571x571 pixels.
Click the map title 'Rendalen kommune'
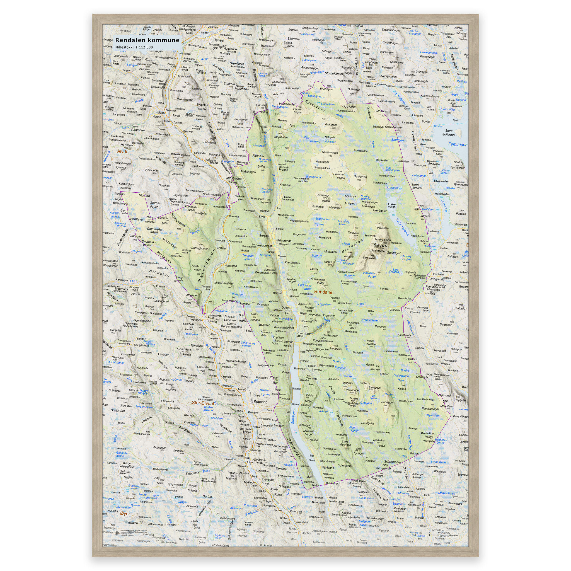(147, 40)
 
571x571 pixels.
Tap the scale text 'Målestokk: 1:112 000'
(134, 47)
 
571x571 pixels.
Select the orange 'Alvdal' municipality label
(123, 151)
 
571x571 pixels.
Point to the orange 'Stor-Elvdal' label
(202, 403)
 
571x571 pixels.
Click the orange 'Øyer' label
(125, 514)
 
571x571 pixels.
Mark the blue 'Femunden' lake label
(458, 144)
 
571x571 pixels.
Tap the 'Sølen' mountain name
(380, 245)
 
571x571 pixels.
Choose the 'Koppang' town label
(260, 402)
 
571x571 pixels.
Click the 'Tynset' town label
(219, 40)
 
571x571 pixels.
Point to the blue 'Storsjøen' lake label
(293, 417)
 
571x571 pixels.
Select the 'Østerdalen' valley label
(206, 266)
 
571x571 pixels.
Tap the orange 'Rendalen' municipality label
(324, 292)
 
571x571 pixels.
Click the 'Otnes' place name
(285, 308)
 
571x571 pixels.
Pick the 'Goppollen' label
(126, 466)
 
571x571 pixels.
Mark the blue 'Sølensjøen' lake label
(402, 227)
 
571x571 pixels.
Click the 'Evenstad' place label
(267, 480)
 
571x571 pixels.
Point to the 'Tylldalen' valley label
(211, 130)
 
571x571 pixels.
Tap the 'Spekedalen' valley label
(315, 106)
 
